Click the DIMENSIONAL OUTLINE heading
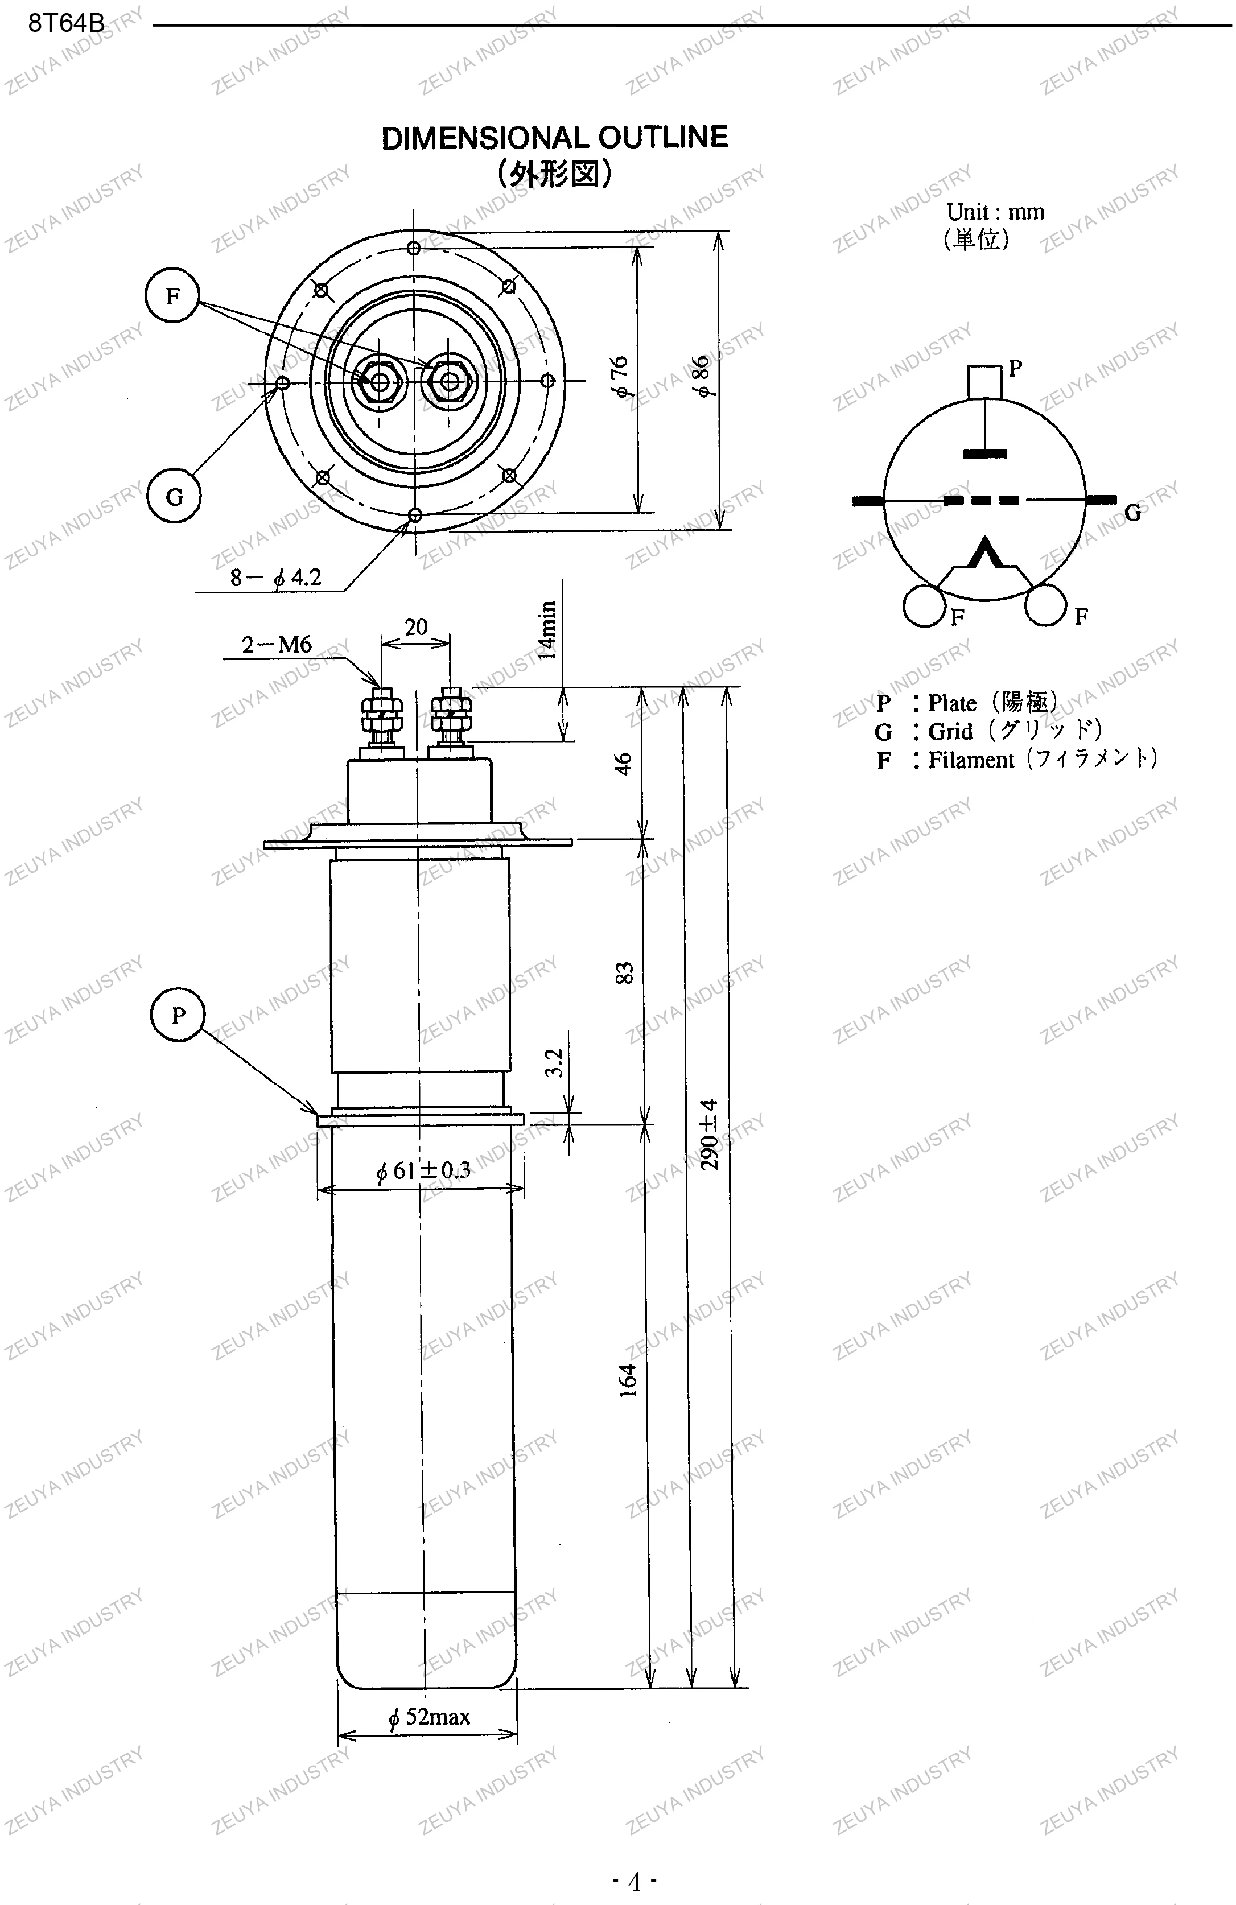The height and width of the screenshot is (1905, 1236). pyautogui.click(x=554, y=138)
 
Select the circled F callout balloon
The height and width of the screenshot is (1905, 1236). pyautogui.click(x=172, y=296)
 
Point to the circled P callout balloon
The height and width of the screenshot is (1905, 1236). pyautogui.click(x=178, y=1015)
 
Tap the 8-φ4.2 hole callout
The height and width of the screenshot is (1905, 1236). pyautogui.click(x=275, y=577)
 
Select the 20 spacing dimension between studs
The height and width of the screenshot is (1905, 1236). pyautogui.click(x=415, y=626)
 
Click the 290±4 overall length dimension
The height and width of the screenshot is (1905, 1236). pyautogui.click(x=709, y=1134)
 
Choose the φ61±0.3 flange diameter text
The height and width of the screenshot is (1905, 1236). pyautogui.click(x=423, y=1171)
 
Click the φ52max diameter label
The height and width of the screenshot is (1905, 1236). pyautogui.click(x=429, y=1716)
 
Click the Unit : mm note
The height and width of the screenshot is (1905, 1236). pyautogui.click(x=995, y=212)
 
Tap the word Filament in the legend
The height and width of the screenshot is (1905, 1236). pyautogui.click(x=970, y=760)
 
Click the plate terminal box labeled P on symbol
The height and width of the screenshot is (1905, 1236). pyautogui.click(x=984, y=380)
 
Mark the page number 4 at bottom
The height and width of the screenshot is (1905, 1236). pyautogui.click(x=634, y=1881)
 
